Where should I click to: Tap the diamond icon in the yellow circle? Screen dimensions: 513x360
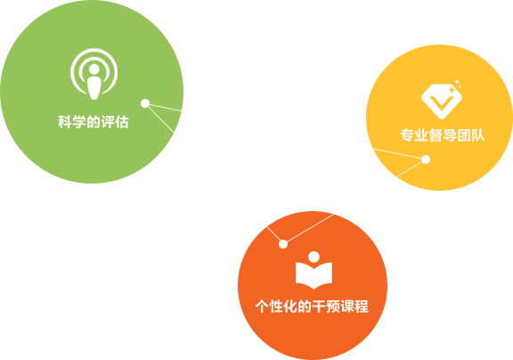(x=442, y=100)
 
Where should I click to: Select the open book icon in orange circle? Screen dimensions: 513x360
(x=313, y=271)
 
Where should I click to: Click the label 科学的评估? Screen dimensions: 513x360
(x=94, y=122)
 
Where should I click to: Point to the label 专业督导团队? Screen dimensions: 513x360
(x=443, y=135)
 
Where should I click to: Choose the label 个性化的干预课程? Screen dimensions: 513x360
(x=312, y=307)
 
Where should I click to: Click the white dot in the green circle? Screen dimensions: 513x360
(x=145, y=103)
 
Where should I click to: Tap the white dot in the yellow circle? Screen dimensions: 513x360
(x=426, y=160)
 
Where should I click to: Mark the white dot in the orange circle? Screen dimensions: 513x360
(x=283, y=244)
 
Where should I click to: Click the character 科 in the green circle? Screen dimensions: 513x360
(x=65, y=122)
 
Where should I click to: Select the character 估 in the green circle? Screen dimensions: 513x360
(x=122, y=122)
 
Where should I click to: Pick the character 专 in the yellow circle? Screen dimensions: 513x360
(x=407, y=135)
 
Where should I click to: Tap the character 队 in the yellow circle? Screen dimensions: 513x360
(x=477, y=135)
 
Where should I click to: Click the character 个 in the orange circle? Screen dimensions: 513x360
(x=263, y=307)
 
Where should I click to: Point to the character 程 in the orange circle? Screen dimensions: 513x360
(x=362, y=307)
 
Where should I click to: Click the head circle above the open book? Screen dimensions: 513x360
(x=314, y=257)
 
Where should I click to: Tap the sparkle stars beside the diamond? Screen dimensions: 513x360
(x=456, y=86)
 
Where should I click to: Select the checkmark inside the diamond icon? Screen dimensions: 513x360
(x=442, y=102)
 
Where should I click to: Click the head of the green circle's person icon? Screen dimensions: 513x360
(x=94, y=69)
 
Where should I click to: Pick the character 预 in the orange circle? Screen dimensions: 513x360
(x=333, y=307)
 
